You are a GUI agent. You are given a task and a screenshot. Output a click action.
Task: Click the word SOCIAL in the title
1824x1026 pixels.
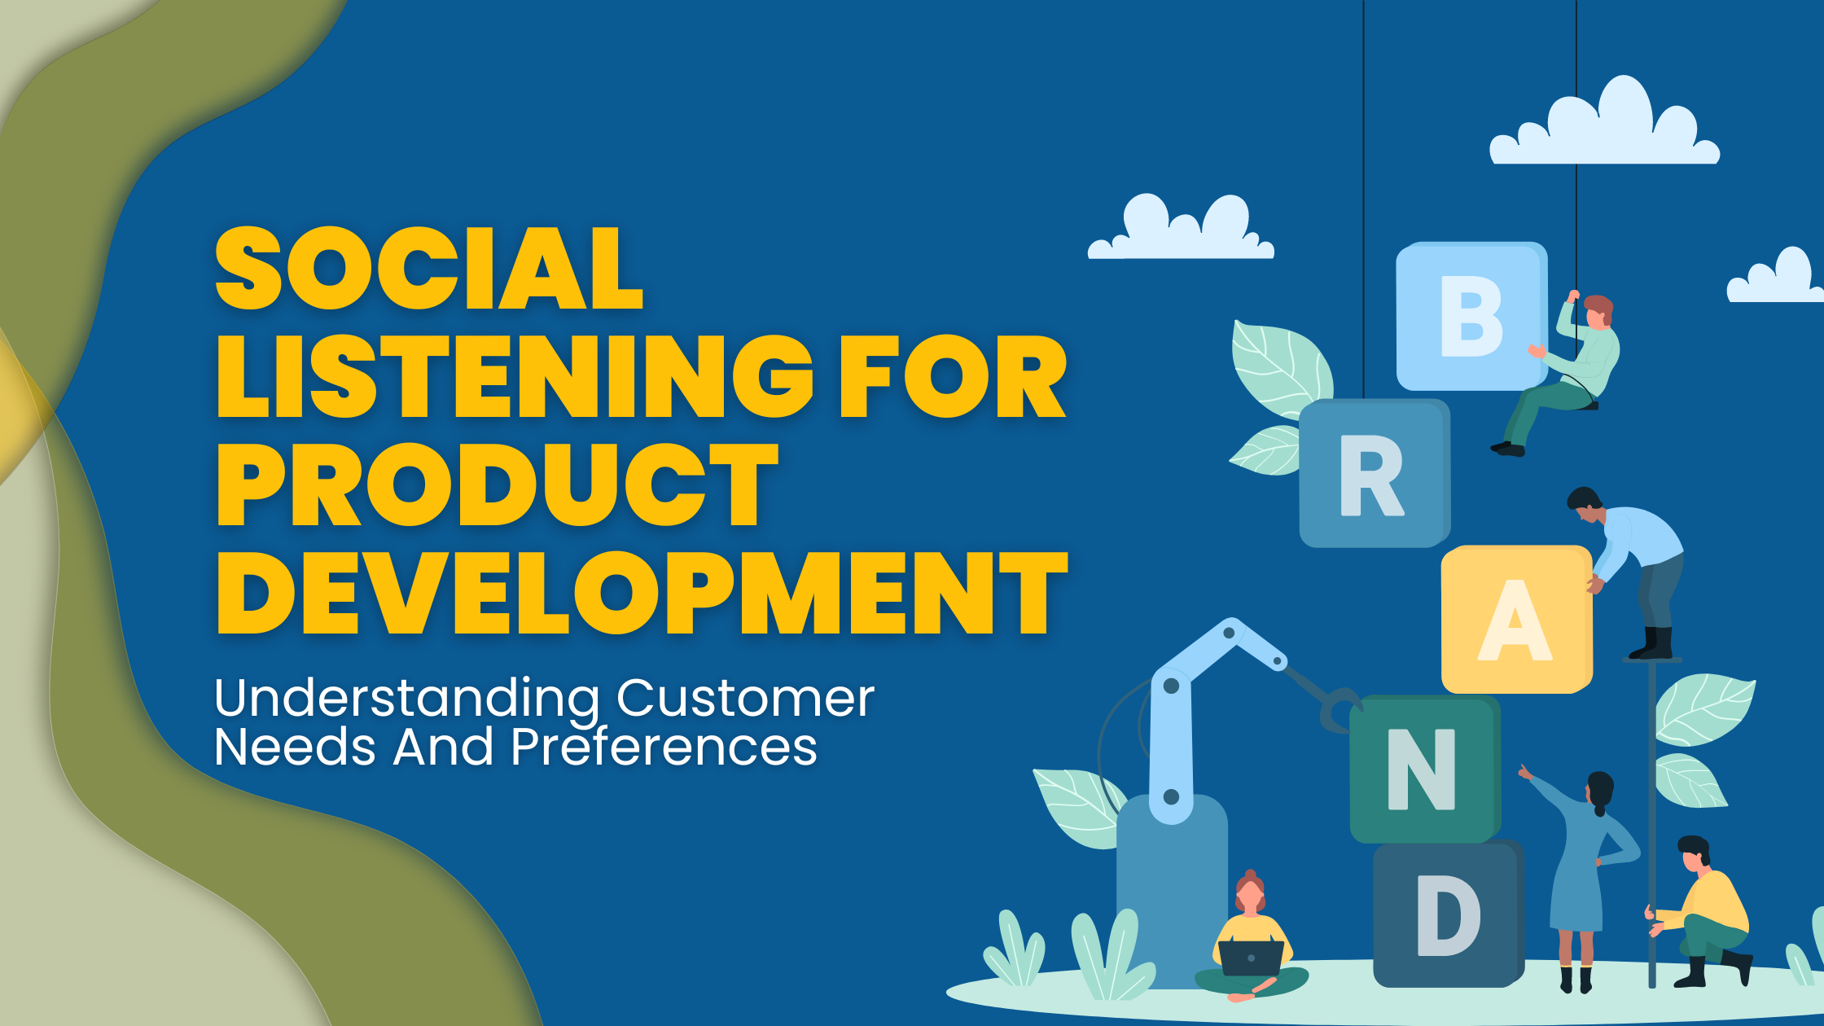[429, 269]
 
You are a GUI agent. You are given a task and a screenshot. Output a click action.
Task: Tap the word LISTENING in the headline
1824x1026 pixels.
[515, 376]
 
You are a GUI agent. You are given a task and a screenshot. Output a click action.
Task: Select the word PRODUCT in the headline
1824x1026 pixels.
[497, 484]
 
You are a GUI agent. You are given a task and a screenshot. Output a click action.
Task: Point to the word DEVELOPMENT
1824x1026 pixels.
[642, 592]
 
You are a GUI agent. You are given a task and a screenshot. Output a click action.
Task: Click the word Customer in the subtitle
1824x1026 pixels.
[745, 698]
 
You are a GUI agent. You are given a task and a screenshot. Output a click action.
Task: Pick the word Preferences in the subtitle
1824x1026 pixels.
[664, 747]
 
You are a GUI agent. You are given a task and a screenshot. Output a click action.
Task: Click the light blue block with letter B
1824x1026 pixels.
[1471, 316]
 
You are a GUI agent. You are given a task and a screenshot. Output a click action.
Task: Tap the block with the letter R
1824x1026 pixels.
[1373, 475]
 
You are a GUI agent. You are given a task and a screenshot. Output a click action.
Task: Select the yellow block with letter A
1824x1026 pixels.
[1515, 620]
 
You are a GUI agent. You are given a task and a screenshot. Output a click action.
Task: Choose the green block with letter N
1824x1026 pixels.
[1422, 769]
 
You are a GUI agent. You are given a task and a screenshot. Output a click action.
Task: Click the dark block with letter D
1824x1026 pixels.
[1447, 915]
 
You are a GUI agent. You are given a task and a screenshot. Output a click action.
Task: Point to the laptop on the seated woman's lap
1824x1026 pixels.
[1252, 958]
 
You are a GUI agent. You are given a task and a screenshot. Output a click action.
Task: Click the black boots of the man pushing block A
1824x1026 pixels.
[1653, 643]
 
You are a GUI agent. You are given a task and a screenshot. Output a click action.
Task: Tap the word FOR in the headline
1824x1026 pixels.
[953, 376]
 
